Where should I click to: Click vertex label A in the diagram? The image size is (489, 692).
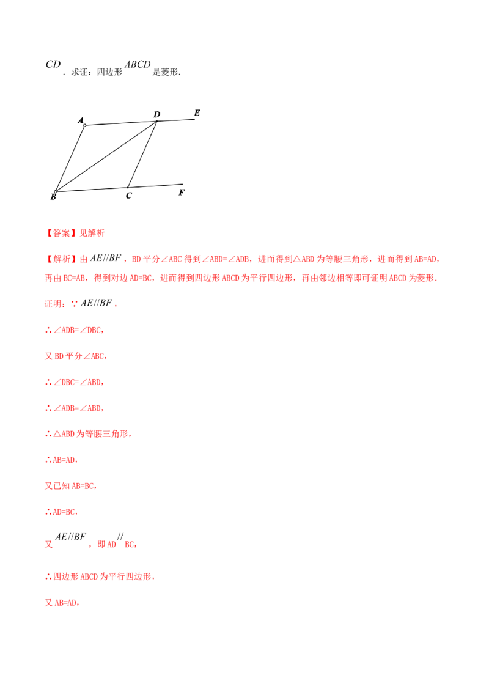click(x=80, y=120)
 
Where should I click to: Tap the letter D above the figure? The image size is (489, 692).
click(x=156, y=115)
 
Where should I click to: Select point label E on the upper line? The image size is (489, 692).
click(x=197, y=113)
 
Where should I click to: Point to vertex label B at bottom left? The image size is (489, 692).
click(x=53, y=197)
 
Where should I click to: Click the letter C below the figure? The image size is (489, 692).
click(x=128, y=196)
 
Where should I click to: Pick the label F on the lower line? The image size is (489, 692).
click(x=182, y=193)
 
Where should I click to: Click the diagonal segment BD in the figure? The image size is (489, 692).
click(x=106, y=156)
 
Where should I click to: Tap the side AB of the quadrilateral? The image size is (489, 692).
click(x=70, y=158)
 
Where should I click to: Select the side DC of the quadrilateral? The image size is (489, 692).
click(x=142, y=155)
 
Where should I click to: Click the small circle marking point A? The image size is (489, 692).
click(x=85, y=125)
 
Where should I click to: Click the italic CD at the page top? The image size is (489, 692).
click(x=53, y=64)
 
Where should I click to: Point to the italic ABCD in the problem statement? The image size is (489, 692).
click(x=138, y=64)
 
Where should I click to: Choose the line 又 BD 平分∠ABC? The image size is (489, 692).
click(x=75, y=356)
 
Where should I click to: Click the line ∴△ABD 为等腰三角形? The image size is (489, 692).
click(x=88, y=434)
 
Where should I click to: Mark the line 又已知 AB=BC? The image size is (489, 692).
click(x=71, y=486)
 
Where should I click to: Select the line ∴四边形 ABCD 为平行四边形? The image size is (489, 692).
click(x=100, y=576)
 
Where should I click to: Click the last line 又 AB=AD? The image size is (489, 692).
click(x=62, y=602)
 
